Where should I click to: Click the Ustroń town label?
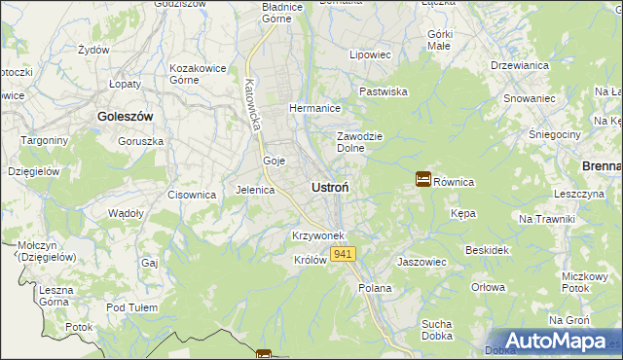tap(331, 186)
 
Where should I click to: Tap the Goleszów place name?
tap(126, 116)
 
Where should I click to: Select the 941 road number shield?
tap(343, 254)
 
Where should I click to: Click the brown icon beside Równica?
tap(423, 179)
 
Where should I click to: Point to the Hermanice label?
tap(313, 108)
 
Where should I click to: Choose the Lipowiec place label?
tap(370, 54)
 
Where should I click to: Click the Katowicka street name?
tap(256, 105)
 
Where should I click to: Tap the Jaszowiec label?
tap(421, 262)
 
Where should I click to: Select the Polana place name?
tap(375, 288)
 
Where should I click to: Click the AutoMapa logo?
tap(555, 341)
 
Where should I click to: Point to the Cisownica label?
tap(191, 195)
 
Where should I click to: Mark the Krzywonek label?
tap(318, 236)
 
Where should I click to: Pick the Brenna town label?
tap(602, 166)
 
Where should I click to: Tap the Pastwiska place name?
tap(383, 90)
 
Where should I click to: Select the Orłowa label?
tap(488, 287)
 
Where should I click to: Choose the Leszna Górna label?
tap(57, 296)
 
